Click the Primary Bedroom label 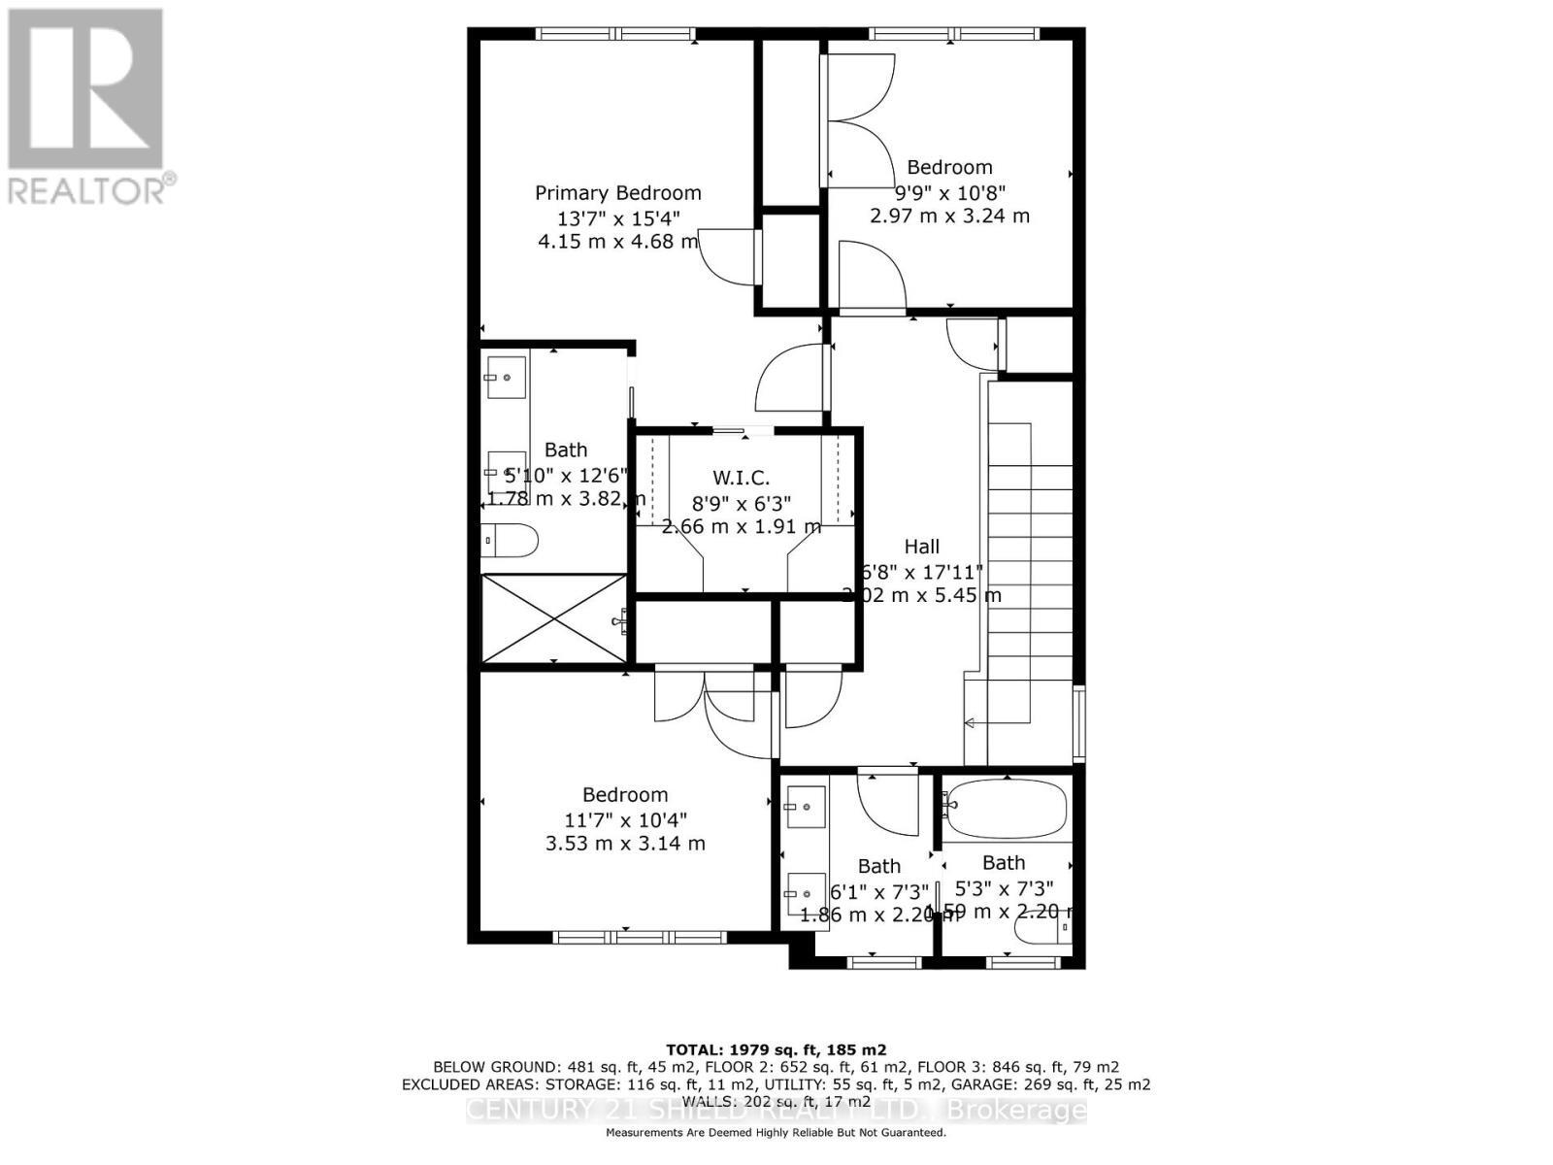click(x=617, y=193)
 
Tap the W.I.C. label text click(x=741, y=478)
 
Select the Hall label click(x=921, y=547)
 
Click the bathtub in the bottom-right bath click(x=1007, y=809)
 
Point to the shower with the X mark click(x=554, y=618)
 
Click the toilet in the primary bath click(x=510, y=541)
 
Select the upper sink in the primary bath click(x=506, y=377)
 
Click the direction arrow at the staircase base click(x=970, y=722)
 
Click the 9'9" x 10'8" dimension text click(x=949, y=192)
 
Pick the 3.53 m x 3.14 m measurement click(x=625, y=844)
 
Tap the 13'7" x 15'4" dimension click(x=617, y=217)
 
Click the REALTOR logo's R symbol click(x=85, y=89)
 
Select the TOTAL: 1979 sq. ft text click(x=776, y=1049)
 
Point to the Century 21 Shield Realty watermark click(x=776, y=1111)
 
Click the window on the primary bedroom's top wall click(x=617, y=34)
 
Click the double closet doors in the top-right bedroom click(x=859, y=120)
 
